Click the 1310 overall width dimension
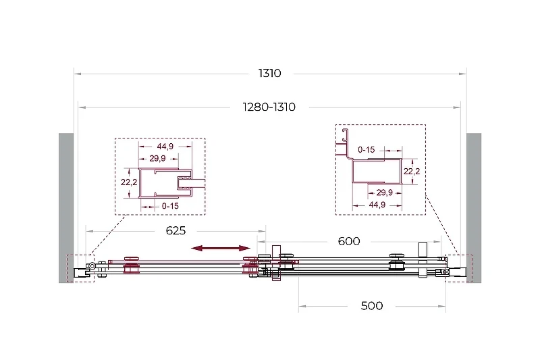[269, 73]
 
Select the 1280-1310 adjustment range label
[269, 107]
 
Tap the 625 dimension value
[175, 230]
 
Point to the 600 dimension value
[349, 241]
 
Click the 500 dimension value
[372, 305]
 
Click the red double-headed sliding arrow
[221, 248]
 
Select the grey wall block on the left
[66, 208]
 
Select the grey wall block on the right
[474, 208]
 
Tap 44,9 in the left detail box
[165, 147]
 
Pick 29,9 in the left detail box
[157, 159]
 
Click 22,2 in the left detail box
[129, 182]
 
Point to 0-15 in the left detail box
[170, 206]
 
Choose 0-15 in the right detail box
[366, 150]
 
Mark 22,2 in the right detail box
[412, 171]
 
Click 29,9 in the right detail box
[384, 192]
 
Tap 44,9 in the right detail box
[377, 205]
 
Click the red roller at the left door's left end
[132, 265]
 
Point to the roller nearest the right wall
[396, 263]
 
